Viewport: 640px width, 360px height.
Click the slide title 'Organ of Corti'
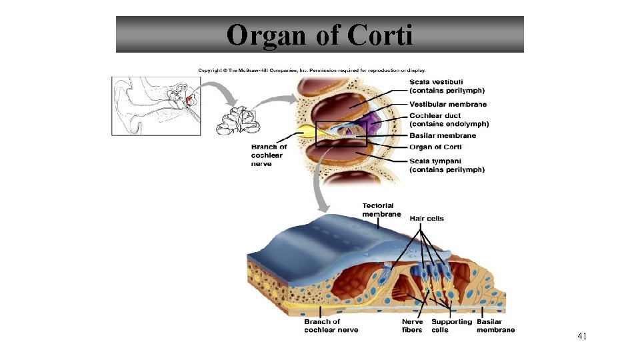(x=319, y=35)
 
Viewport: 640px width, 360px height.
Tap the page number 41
(x=582, y=337)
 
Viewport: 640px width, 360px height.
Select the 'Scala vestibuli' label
(x=447, y=86)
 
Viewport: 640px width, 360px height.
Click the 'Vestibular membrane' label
(x=448, y=104)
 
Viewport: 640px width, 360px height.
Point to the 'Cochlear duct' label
(x=449, y=120)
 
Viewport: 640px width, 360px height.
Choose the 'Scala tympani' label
(x=447, y=165)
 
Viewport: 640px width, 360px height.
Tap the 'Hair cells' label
(x=427, y=219)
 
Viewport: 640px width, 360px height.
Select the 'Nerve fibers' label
(x=412, y=325)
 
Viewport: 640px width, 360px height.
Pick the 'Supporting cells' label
(x=451, y=325)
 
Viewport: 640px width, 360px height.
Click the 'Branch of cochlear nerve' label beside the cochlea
(x=269, y=155)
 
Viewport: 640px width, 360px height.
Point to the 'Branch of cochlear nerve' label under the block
(x=331, y=325)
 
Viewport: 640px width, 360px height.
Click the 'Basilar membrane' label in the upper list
(x=443, y=136)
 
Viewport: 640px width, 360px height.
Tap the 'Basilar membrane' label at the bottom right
(x=495, y=325)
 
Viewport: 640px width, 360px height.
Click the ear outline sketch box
(x=156, y=107)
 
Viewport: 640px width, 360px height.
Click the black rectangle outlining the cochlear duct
(x=341, y=133)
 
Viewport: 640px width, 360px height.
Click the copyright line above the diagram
(x=311, y=70)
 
